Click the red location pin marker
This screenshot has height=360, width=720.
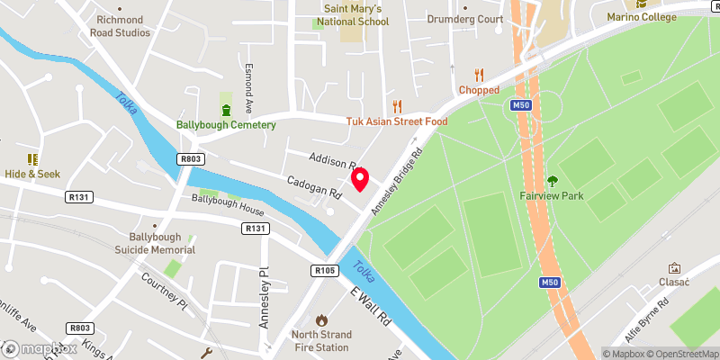click(x=360, y=179)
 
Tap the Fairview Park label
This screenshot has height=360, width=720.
click(x=552, y=194)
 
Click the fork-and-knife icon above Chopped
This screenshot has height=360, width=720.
click(x=479, y=76)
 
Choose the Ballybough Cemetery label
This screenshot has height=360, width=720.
click(x=226, y=124)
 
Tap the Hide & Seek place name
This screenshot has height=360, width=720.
click(x=31, y=174)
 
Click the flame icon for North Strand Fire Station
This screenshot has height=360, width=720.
click(x=321, y=319)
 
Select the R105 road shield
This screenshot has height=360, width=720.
click(x=325, y=269)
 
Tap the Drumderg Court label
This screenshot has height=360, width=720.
click(x=464, y=19)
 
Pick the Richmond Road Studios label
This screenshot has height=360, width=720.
click(x=120, y=25)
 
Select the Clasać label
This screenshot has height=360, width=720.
click(x=673, y=281)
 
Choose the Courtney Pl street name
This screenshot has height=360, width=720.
click(x=164, y=290)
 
